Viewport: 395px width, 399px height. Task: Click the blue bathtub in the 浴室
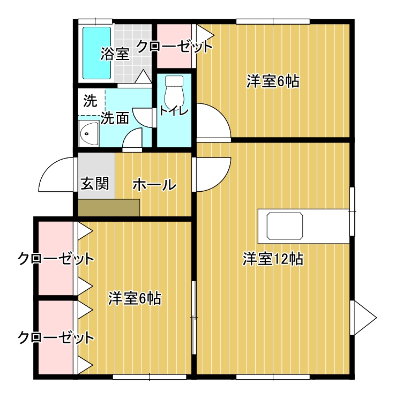pyautogui.click(x=97, y=52)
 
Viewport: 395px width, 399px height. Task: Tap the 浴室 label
pyautogui.click(x=115, y=54)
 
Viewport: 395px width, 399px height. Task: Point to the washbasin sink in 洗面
pyautogui.click(x=88, y=133)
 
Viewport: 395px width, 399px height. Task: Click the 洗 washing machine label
pyautogui.click(x=90, y=100)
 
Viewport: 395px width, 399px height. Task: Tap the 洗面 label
pyautogui.click(x=114, y=118)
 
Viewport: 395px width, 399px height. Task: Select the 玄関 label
pyautogui.click(x=95, y=183)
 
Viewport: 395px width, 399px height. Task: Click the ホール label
pyautogui.click(x=153, y=185)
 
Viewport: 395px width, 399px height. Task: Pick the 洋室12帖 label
pyautogui.click(x=273, y=259)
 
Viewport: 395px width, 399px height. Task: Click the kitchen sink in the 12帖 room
pyautogui.click(x=286, y=225)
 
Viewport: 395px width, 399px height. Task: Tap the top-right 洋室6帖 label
pyautogui.click(x=273, y=81)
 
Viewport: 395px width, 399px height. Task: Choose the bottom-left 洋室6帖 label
pyautogui.click(x=135, y=298)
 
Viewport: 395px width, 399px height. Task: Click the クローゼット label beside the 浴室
pyautogui.click(x=175, y=47)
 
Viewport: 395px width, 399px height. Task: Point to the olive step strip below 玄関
pyautogui.click(x=109, y=207)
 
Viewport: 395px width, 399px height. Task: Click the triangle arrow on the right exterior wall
pyautogui.click(x=363, y=318)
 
